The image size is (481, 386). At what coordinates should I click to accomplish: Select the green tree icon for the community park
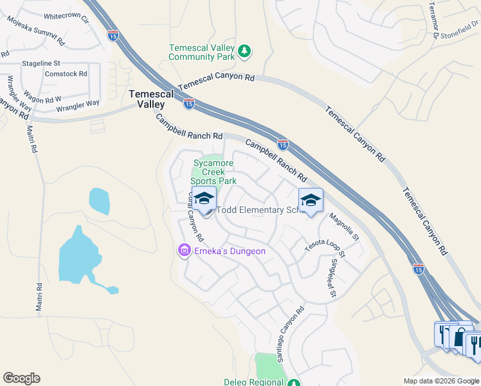point(244,51)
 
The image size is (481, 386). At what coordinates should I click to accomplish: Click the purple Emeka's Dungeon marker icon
point(184,250)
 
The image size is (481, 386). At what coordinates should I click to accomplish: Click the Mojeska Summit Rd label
point(35,31)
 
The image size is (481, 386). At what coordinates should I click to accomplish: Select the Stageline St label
point(41,64)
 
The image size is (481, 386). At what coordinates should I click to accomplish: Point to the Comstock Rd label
point(66,74)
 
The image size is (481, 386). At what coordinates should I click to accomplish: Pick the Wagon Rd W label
point(44,99)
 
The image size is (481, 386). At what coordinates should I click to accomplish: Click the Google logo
point(21,378)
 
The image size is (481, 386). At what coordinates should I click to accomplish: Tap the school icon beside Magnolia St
point(311,201)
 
